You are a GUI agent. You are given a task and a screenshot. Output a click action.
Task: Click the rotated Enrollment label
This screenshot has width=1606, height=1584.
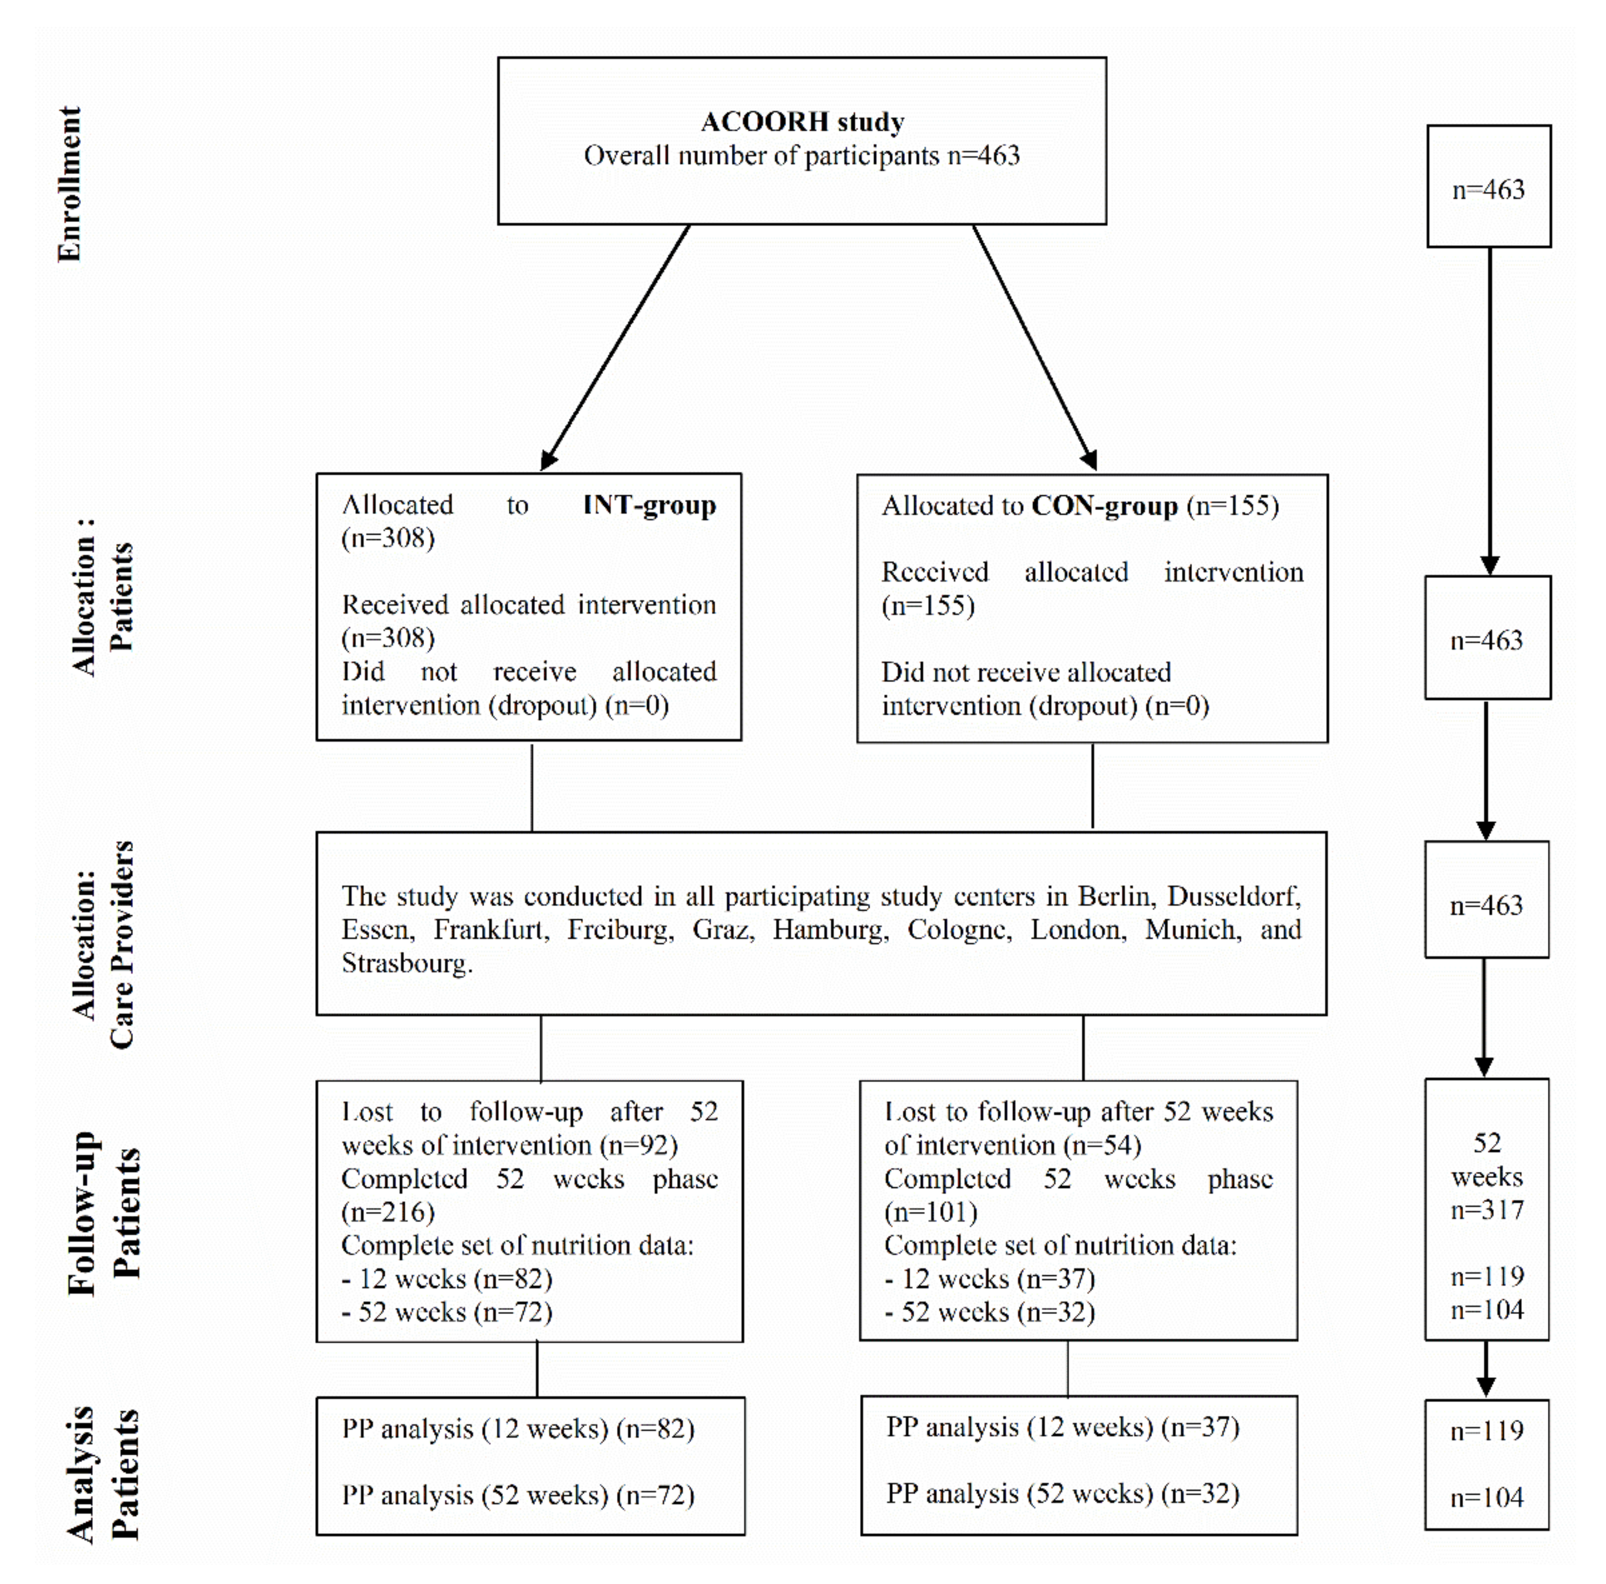pos(70,184)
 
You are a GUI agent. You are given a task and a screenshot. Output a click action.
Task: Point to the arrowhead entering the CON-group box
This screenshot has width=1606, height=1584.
pos(1090,460)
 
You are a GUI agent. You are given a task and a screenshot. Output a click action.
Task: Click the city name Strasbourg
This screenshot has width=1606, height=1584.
pos(405,963)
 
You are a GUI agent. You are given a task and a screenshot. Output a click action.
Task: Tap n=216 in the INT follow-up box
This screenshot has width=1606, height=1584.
pos(387,1212)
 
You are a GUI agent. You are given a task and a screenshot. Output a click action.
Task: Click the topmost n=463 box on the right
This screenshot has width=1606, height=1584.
pos(1488,189)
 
